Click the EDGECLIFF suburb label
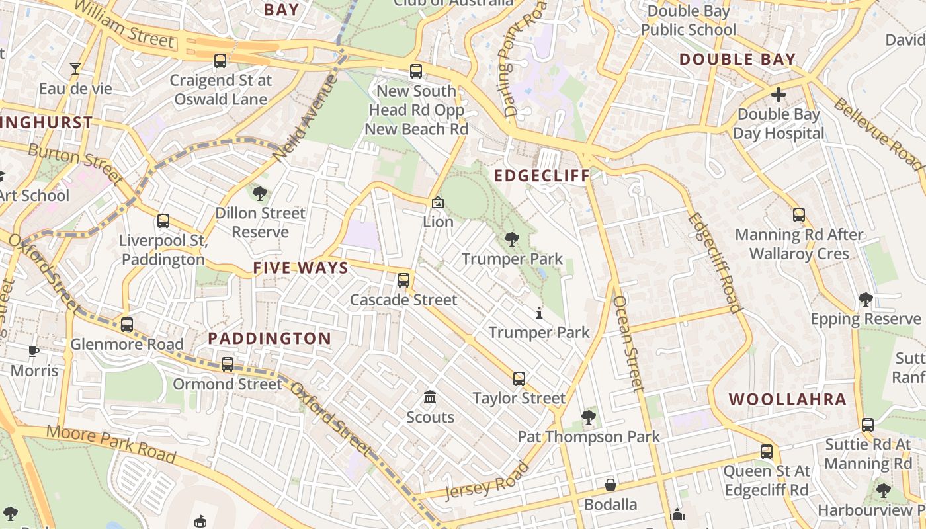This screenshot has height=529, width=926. click(542, 176)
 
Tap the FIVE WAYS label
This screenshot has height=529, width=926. click(300, 268)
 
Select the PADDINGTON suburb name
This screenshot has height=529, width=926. click(270, 339)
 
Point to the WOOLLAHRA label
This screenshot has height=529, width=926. click(787, 399)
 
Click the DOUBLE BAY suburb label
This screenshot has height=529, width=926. click(737, 60)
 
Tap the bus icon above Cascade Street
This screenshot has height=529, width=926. click(403, 280)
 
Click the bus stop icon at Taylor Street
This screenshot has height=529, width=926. click(519, 379)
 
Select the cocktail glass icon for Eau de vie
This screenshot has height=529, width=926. click(75, 69)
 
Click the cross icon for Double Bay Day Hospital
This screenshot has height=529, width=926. click(779, 95)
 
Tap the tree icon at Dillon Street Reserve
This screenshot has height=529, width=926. click(260, 194)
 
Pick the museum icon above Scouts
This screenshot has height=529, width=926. click(430, 398)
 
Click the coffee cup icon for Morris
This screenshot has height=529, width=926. click(34, 351)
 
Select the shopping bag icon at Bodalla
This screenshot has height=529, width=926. click(610, 485)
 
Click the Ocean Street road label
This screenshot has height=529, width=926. click(628, 344)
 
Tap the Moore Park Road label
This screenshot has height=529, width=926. click(111, 444)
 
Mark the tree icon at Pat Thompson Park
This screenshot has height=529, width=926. click(588, 417)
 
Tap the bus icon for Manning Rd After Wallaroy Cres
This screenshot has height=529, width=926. click(799, 215)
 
